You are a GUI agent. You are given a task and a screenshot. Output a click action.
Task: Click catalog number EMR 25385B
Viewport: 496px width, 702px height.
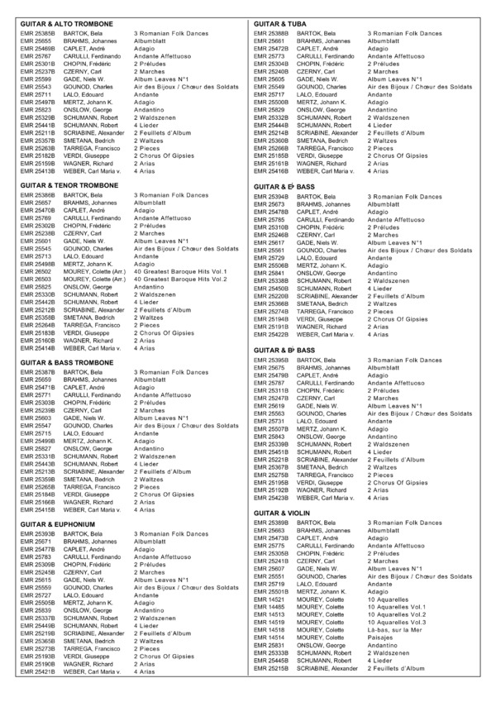36,34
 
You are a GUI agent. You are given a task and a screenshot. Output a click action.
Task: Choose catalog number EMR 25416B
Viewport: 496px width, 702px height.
273,171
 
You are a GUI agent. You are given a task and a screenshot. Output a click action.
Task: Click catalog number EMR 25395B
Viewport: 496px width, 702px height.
273,361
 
